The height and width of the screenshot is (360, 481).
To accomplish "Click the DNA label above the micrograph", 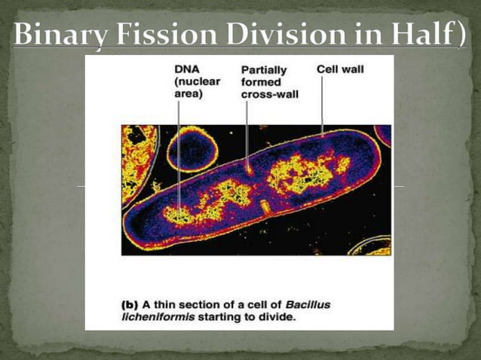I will click(186, 69).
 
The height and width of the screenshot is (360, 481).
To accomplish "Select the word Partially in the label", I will click(263, 70).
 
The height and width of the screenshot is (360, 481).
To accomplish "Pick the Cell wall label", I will click(340, 69).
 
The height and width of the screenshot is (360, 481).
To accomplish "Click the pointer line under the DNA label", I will click(178, 151).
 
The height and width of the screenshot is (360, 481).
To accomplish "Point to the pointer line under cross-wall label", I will click(247, 128).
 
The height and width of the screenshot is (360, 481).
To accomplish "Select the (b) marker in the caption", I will click(130, 304).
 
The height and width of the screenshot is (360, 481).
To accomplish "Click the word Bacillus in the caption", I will click(307, 304).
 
